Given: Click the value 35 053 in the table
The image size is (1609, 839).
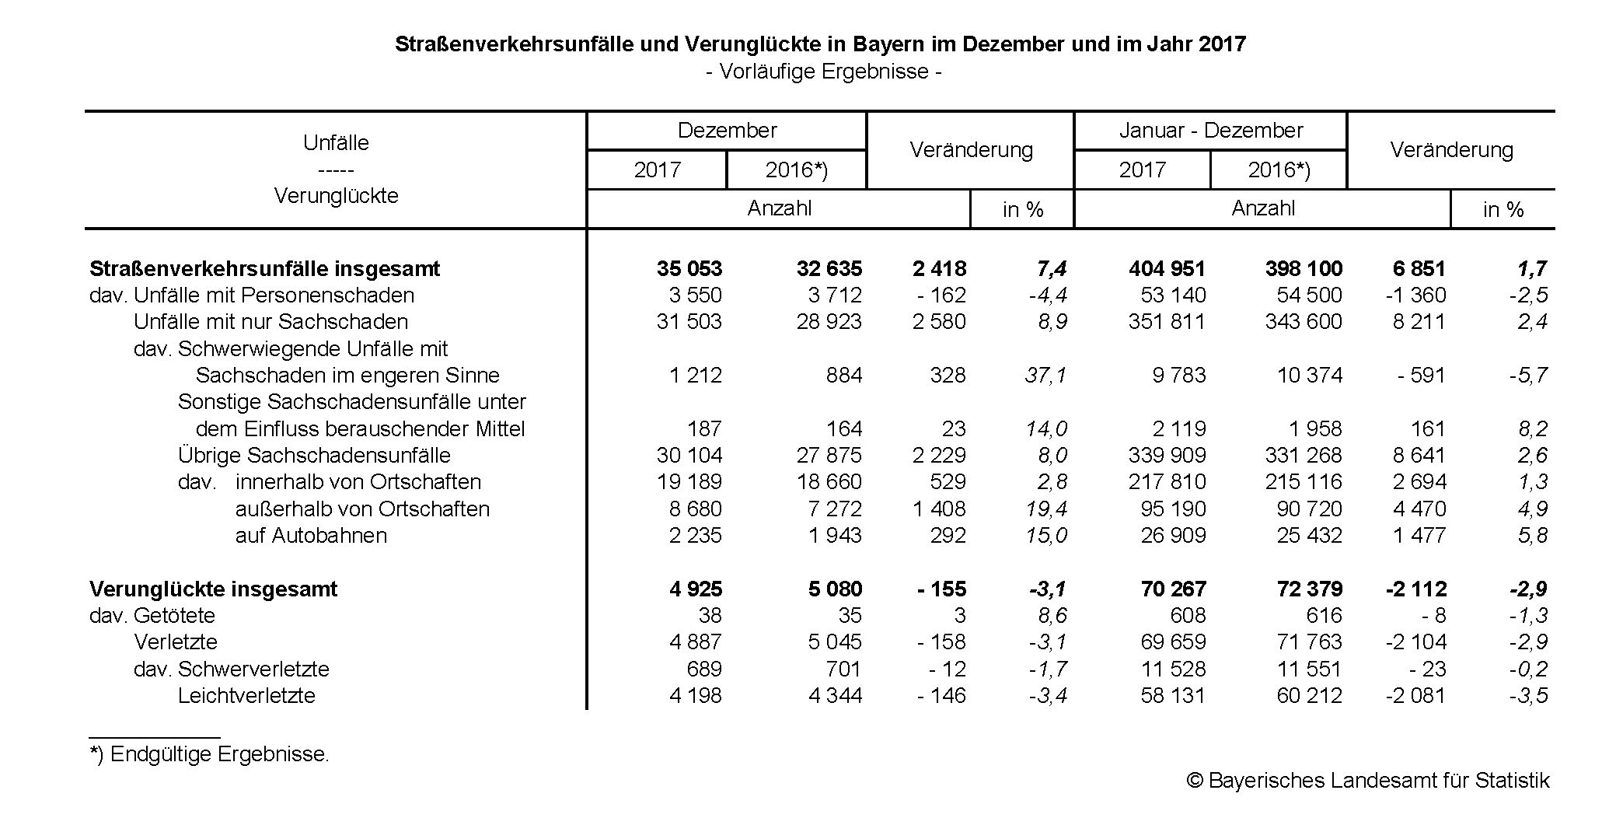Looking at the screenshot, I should click(x=689, y=269).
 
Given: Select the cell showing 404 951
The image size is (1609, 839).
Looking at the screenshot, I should click(x=1167, y=269).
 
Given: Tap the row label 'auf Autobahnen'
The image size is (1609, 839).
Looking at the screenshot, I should click(x=311, y=536).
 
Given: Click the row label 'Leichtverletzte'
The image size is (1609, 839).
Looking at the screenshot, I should click(x=246, y=696).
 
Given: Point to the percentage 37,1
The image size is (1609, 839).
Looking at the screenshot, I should click(x=1045, y=376).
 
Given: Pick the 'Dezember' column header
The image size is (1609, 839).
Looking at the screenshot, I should click(x=727, y=131).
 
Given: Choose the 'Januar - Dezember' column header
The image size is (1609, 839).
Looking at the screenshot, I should click(x=1210, y=131).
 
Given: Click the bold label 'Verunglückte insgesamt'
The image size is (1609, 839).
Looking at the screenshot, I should click(x=213, y=589).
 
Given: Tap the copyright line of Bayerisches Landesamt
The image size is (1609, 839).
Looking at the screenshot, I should click(x=1367, y=781).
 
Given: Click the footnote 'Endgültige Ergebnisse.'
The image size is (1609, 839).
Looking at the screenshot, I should click(x=210, y=754).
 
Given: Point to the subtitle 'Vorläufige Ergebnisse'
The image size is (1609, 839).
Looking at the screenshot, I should click(x=824, y=72).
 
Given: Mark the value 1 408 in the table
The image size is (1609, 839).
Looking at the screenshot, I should click(x=939, y=509).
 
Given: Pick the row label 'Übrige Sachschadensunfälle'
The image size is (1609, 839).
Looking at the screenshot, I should click(x=314, y=456).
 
